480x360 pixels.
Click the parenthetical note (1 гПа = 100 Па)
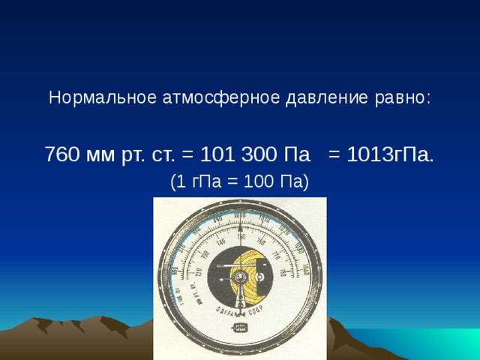(239, 182)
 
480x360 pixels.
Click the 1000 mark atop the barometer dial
(239, 217)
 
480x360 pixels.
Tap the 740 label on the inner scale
(221, 242)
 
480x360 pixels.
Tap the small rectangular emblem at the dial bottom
(240, 328)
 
